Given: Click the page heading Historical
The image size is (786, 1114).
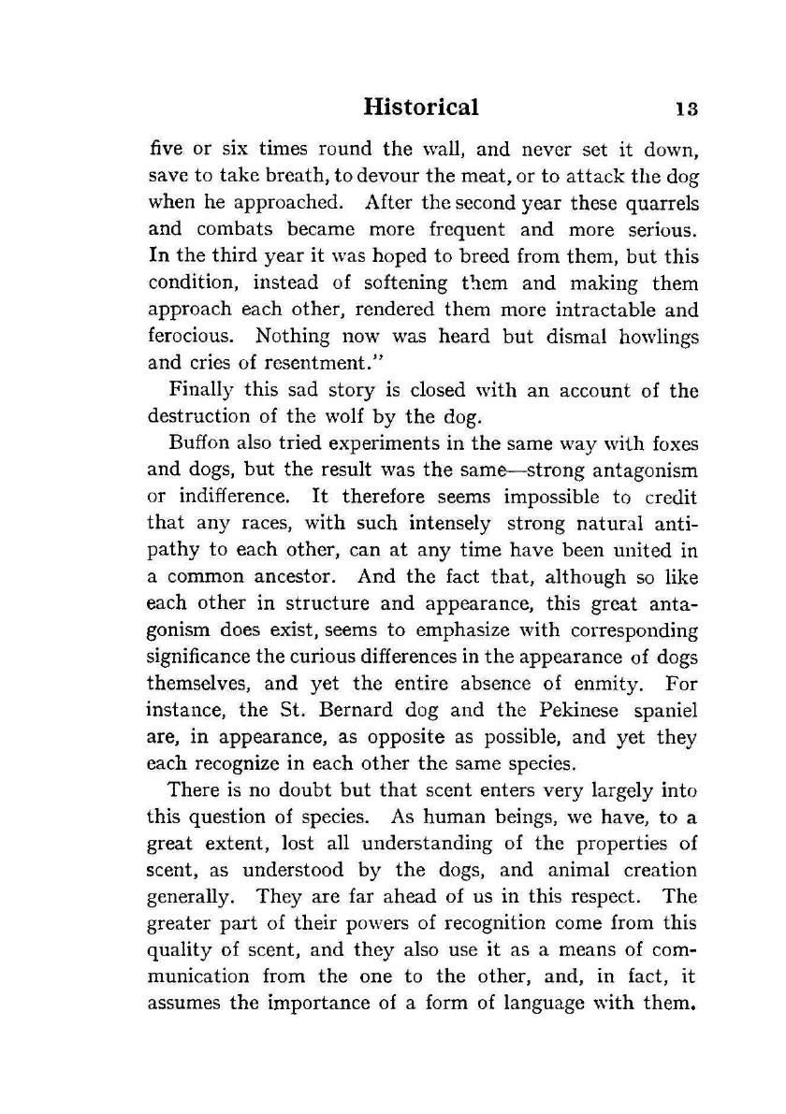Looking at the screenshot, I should pos(420,107).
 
